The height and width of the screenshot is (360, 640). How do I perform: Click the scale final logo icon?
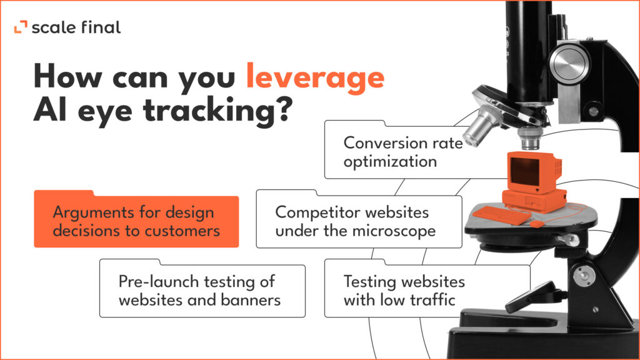21,27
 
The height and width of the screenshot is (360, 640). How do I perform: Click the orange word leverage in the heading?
314,77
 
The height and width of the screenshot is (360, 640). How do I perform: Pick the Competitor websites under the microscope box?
359,221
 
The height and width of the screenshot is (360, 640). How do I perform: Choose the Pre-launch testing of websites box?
202,291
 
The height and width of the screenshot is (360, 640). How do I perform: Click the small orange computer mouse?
537,222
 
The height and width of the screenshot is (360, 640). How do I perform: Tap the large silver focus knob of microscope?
571,62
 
